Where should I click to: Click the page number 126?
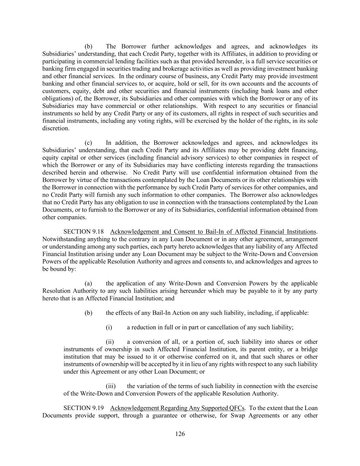[180, 434]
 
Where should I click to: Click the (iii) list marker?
[111, 386]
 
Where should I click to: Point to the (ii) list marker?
[110, 342]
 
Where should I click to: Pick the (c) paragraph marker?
[88, 143]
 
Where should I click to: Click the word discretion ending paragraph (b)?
[55, 128]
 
